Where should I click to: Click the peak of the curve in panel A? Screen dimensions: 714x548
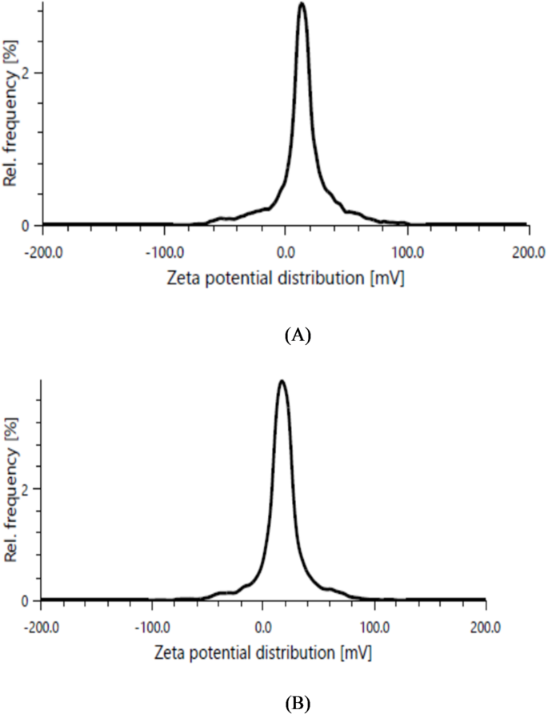302,4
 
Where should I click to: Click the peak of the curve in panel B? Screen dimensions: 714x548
282,381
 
